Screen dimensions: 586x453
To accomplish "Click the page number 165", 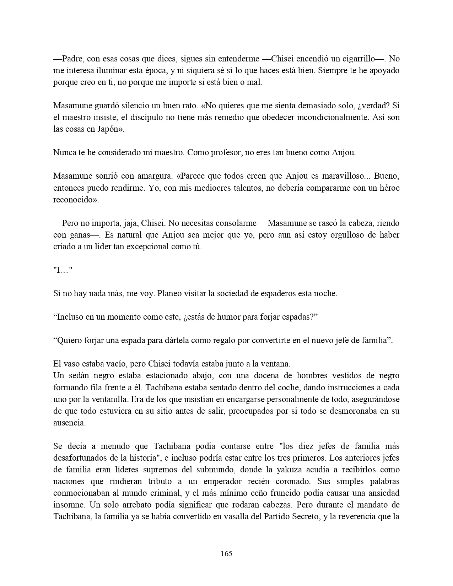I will point(226,553).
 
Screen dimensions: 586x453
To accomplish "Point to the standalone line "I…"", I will point(63,270).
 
